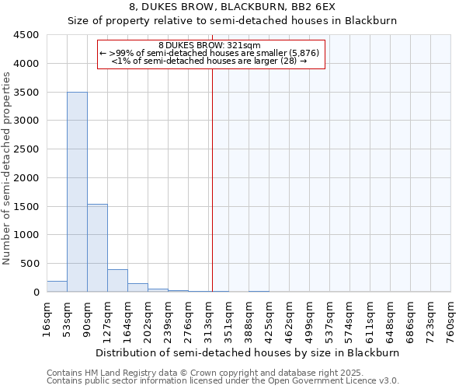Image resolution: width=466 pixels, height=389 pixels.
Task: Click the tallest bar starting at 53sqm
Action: click(x=77, y=191)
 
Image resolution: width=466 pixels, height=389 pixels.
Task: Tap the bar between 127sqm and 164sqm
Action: click(x=117, y=280)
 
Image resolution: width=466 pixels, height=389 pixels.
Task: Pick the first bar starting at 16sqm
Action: click(x=57, y=286)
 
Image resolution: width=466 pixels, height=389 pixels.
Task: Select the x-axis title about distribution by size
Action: click(x=249, y=352)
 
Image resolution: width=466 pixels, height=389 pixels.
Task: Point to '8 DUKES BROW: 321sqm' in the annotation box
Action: click(x=209, y=46)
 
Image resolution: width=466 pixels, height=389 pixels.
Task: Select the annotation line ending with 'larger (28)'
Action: click(x=209, y=61)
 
